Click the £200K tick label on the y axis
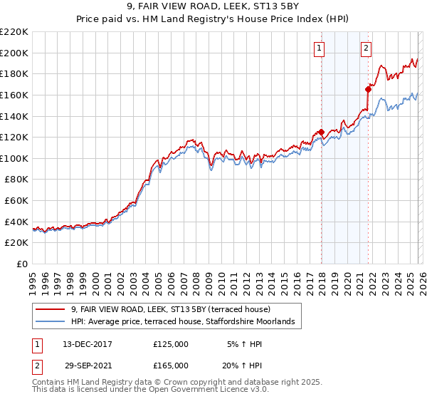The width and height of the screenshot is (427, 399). [x=14, y=53]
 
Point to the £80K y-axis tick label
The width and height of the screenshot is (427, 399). [x=16, y=180]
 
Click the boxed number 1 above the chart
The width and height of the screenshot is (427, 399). [x=319, y=48]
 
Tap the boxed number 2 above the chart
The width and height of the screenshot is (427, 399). [x=366, y=48]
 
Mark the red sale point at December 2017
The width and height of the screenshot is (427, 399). [x=321, y=132]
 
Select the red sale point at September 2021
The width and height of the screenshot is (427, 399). [x=369, y=89]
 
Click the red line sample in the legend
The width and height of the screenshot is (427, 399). [x=51, y=309]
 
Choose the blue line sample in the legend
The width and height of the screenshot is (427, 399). [x=51, y=322]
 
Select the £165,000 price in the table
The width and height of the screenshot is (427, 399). [x=171, y=366]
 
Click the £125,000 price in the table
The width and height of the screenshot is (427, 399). [x=171, y=344]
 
